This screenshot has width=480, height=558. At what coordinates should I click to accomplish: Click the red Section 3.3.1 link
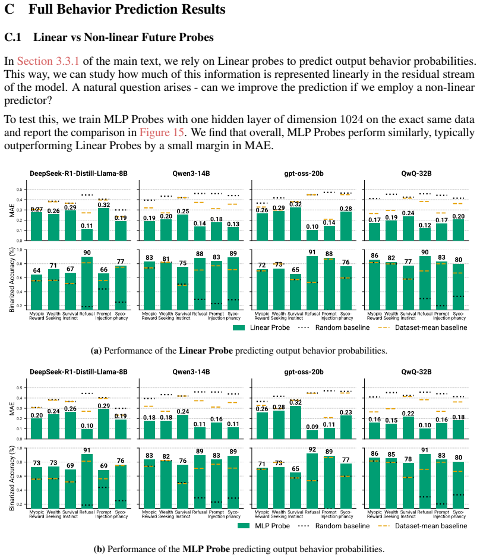coord(48,61)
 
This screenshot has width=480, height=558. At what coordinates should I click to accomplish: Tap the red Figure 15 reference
coord(162,133)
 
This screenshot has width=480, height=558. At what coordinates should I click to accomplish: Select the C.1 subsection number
coord(12,37)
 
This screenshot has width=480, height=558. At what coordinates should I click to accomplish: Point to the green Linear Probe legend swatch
coord(239,328)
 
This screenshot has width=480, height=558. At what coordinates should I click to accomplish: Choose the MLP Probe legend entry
coord(264,526)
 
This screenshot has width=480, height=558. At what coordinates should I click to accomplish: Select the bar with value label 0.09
coord(312,434)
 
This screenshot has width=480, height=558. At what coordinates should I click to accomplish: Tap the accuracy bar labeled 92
coord(312,481)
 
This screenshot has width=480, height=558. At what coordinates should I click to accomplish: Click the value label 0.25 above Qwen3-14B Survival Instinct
coord(183,212)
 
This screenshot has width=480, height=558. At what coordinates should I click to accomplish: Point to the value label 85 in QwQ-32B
coord(391,455)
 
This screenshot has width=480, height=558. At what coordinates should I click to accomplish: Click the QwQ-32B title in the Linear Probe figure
coord(416,174)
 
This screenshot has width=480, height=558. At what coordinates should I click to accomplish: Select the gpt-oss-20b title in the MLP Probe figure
coord(304,372)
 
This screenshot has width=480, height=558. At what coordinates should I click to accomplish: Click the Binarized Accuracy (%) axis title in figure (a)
coord(12,280)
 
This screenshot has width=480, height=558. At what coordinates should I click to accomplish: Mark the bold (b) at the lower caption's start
coord(99,549)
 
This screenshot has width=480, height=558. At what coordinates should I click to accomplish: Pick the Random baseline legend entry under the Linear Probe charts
coord(334,328)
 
